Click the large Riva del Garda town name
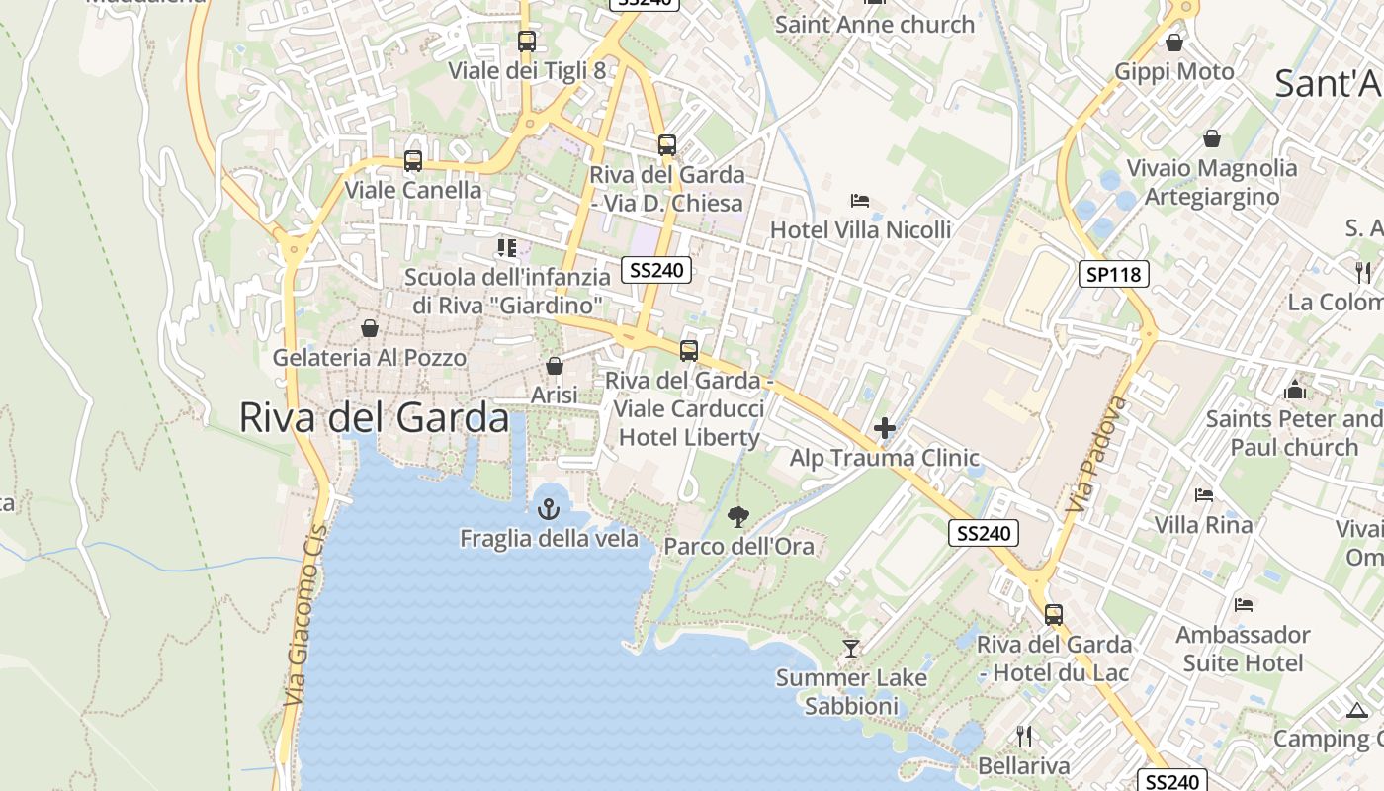pyautogui.click(x=374, y=418)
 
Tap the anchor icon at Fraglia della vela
pyautogui.click(x=548, y=509)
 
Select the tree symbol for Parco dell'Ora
pyautogui.click(x=737, y=516)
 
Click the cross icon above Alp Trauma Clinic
pyautogui.click(x=885, y=428)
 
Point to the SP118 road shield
pyautogui.click(x=1113, y=274)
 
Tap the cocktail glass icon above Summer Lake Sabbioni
pyautogui.click(x=850, y=649)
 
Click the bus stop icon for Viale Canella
pyautogui.click(x=413, y=160)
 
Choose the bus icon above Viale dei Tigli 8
pyautogui.click(x=527, y=42)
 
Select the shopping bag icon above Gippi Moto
pyautogui.click(x=1174, y=43)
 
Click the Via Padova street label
pyautogui.click(x=1084, y=455)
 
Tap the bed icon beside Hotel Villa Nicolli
pyautogui.click(x=860, y=201)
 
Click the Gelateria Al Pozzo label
pyautogui.click(x=370, y=357)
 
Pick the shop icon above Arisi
pyautogui.click(x=555, y=366)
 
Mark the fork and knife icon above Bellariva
pyautogui.click(x=1024, y=736)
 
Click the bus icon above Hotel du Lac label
pyautogui.click(x=1054, y=614)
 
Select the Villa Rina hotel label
pyautogui.click(x=1203, y=524)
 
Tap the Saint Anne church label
pyautogui.click(x=875, y=24)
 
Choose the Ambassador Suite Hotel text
pyautogui.click(x=1243, y=648)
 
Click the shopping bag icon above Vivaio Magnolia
pyautogui.click(x=1212, y=138)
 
